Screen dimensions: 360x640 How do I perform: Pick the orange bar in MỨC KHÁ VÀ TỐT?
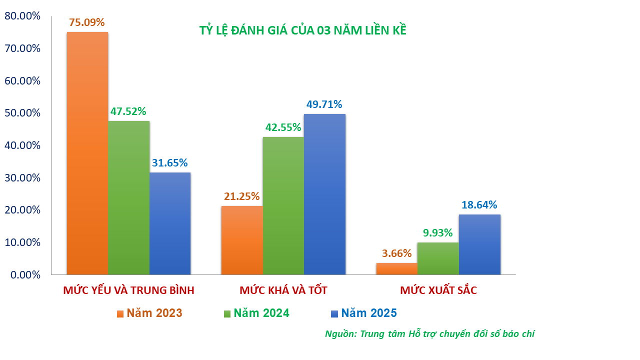pos(242,240)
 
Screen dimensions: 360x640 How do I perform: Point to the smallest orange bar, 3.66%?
pos(397,268)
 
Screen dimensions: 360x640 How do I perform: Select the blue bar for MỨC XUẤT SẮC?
pos(479,244)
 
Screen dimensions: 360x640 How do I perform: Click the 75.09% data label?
pos(87,22)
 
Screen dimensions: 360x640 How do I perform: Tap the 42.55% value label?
pos(283,127)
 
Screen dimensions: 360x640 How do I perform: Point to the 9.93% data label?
pos(437,232)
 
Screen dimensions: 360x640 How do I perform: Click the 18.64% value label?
pos(479,205)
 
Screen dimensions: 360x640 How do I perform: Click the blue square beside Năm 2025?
pos(334,314)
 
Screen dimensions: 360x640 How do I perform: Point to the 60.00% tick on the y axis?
pos(22,81)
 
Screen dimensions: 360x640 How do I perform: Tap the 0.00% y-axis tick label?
pos(24,275)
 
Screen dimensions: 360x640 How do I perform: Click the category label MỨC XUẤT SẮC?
pos(438,290)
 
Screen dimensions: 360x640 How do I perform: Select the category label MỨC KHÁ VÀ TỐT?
pos(283,290)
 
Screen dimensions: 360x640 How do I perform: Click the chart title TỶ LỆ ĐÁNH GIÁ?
pos(302,30)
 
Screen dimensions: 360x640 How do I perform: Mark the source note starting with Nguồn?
pos(429,334)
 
